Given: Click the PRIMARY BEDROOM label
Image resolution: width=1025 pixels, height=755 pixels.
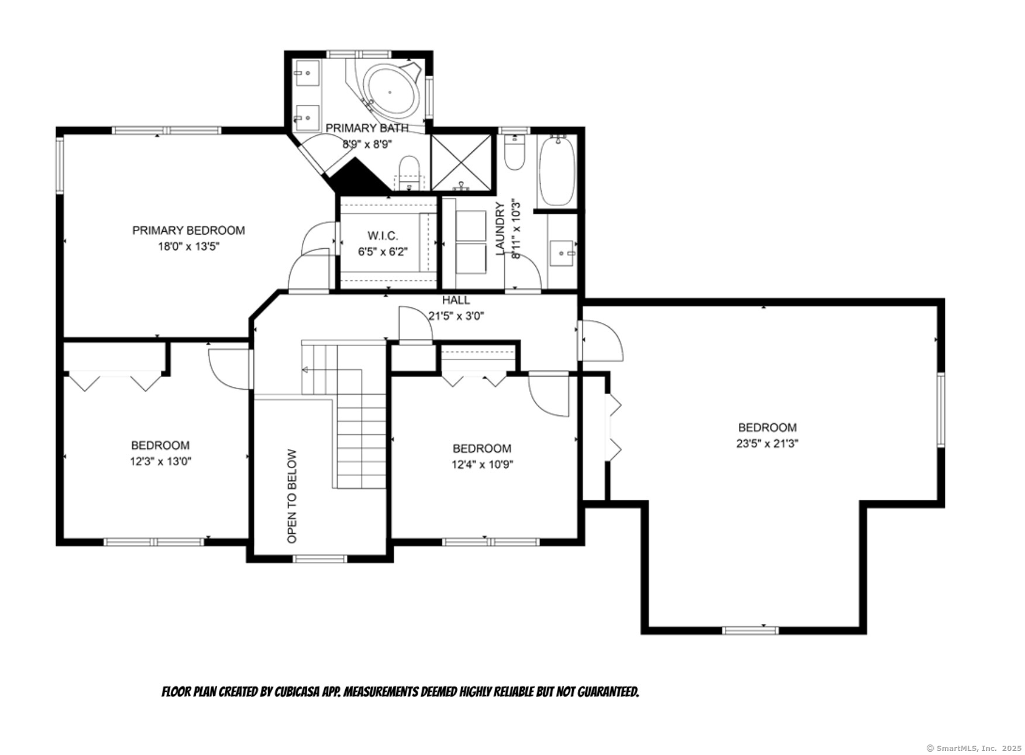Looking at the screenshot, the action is (188, 231).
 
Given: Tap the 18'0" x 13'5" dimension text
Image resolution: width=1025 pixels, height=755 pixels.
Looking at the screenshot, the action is (188, 246).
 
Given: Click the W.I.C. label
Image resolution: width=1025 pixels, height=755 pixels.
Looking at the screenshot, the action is (383, 236).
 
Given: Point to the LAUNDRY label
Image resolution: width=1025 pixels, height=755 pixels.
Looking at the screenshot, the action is (500, 229).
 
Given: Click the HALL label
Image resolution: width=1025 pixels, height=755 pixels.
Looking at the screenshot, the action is (456, 300).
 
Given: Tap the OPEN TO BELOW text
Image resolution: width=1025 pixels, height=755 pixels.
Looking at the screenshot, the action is (292, 496).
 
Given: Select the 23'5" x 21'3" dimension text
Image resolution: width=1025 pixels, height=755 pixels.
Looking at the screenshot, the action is (767, 444).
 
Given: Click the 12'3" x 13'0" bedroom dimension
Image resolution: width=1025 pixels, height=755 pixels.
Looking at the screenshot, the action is (160, 461).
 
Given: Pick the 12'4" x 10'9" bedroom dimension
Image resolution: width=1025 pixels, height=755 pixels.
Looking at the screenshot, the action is (482, 465).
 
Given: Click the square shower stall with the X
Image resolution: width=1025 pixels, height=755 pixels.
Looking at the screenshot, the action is (462, 163).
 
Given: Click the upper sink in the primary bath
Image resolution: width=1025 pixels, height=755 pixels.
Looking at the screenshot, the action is (306, 73).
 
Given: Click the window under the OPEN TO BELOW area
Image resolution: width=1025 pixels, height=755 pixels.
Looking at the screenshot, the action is (319, 559).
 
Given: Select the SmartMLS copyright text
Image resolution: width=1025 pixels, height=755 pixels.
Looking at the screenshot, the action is (974, 748).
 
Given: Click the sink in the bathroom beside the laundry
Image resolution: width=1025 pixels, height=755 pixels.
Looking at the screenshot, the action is (563, 253).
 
